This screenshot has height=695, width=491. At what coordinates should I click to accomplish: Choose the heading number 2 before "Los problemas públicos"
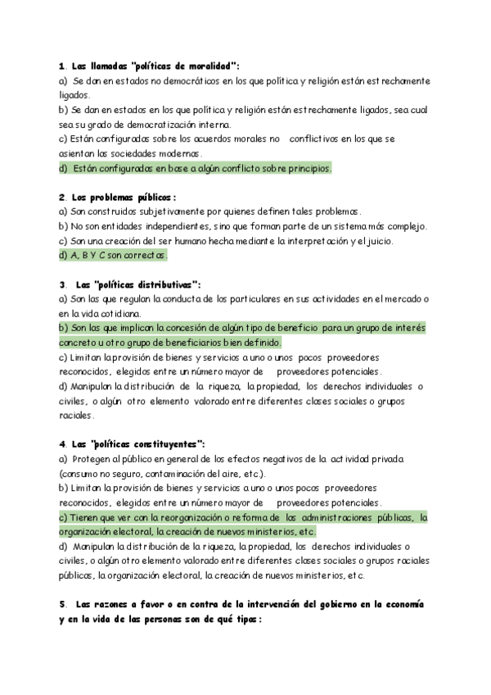(62, 197)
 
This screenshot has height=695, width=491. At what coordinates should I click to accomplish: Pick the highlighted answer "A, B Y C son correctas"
(117, 255)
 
